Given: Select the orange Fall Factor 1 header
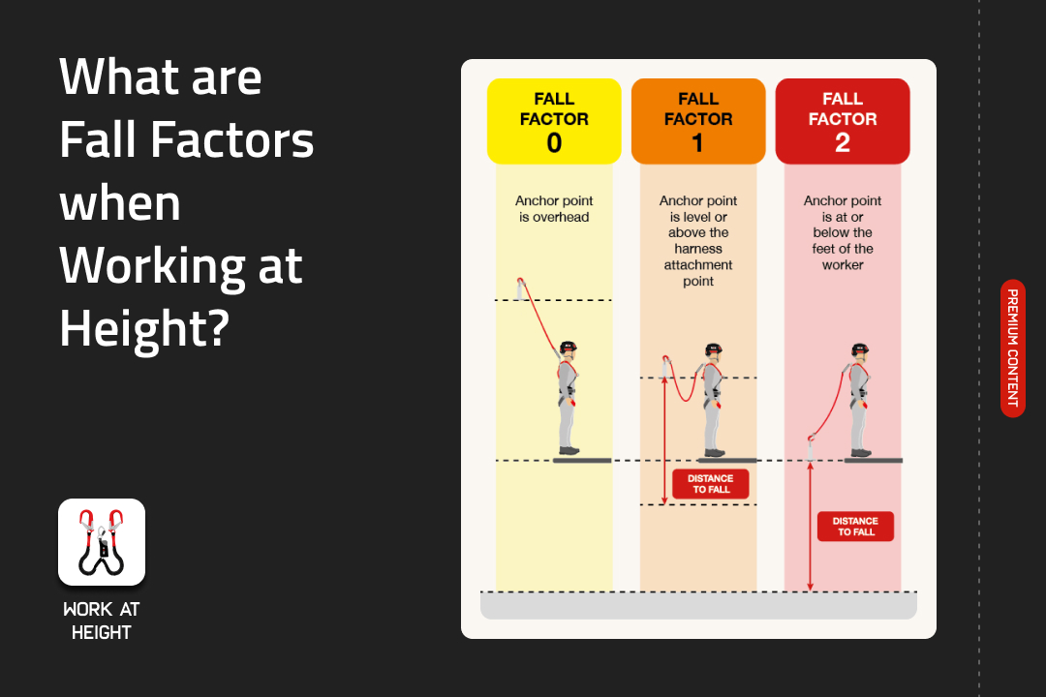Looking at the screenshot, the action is [x=698, y=121].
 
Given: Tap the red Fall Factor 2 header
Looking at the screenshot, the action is [x=843, y=121].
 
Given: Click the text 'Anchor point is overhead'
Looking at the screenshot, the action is [x=554, y=209].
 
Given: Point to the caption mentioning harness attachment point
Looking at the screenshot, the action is [x=698, y=241].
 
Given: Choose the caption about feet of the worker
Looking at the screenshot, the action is [x=843, y=232].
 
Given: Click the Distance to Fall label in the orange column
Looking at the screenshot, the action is [x=711, y=484].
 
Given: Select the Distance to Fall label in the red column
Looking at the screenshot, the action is [x=855, y=527].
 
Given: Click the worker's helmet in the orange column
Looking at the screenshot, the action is [x=714, y=346].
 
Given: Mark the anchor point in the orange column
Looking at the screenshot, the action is [x=665, y=366].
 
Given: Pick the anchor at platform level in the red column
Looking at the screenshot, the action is [x=812, y=448].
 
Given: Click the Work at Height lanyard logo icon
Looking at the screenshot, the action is [x=102, y=542].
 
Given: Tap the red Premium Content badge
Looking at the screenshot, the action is [x=1012, y=348].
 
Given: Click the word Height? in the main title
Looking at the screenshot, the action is [x=144, y=327].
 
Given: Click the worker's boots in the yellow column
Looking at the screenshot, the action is [x=569, y=451].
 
